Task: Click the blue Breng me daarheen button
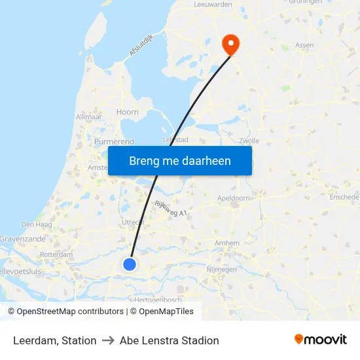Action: pyautogui.click(x=180, y=160)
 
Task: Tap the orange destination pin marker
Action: pyautogui.click(x=231, y=44)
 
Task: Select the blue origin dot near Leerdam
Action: pyautogui.click(x=130, y=264)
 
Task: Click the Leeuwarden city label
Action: pyautogui.click(x=214, y=4)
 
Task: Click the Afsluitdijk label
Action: pyautogui.click(x=141, y=44)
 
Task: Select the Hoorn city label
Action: pyautogui.click(x=127, y=112)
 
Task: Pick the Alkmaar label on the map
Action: pyautogui.click(x=89, y=117)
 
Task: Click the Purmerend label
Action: pyautogui.click(x=115, y=141)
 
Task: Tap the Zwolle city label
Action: pyautogui.click(x=249, y=140)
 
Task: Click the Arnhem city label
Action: pyautogui.click(x=227, y=243)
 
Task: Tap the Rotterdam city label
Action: pyautogui.click(x=56, y=255)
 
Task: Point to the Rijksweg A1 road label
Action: pyautogui.click(x=170, y=209)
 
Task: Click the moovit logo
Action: pyautogui.click(x=321, y=340)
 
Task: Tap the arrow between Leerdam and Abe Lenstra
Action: pyautogui.click(x=108, y=340)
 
